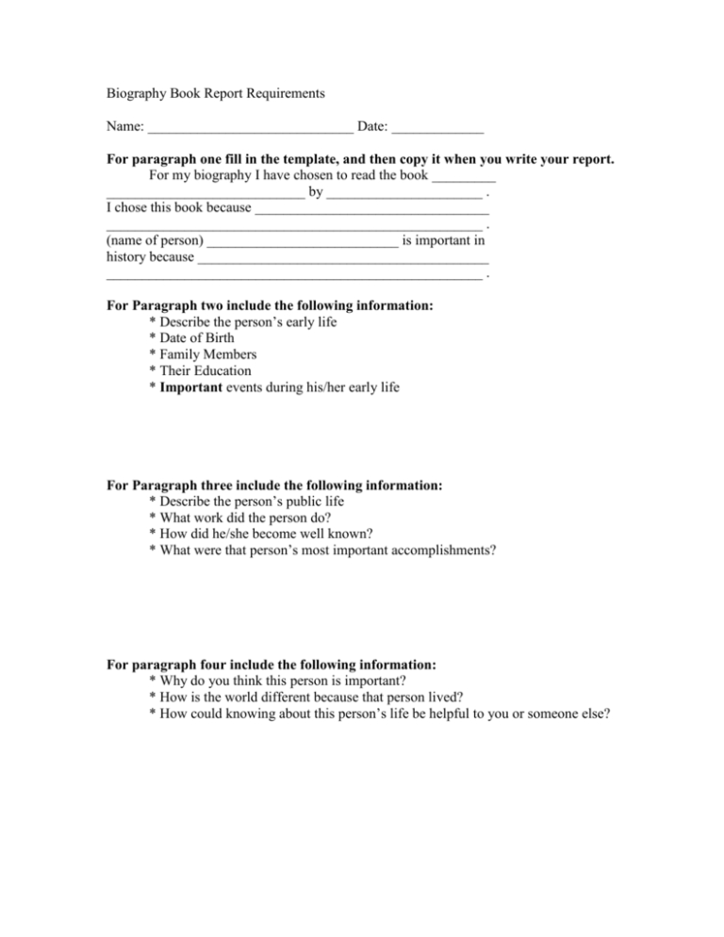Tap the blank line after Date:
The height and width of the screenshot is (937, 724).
(437, 128)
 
